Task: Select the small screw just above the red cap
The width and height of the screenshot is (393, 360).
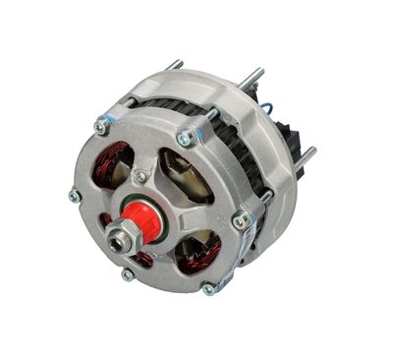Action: click(142, 176)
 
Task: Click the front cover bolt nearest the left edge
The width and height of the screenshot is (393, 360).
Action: click(74, 195)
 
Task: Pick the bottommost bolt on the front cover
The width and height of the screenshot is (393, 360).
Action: click(208, 288)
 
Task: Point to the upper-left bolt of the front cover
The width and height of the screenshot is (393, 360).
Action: click(100, 125)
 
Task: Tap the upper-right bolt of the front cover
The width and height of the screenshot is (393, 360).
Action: click(183, 139)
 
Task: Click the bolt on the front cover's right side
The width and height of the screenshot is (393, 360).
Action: click(240, 220)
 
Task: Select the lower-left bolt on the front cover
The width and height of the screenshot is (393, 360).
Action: click(127, 273)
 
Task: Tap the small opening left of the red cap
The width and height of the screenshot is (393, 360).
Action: click(105, 221)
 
